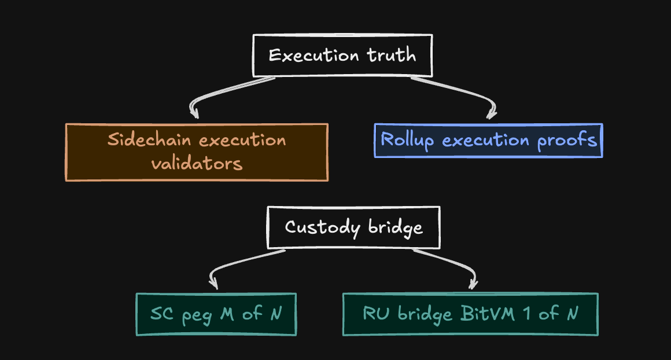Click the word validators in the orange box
tap(197, 163)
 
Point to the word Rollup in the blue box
tap(407, 140)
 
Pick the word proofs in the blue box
tap(567, 140)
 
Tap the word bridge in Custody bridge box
tap(396, 227)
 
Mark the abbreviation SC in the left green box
tap(163, 314)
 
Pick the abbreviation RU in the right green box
tap(375, 314)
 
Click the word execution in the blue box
tap(483, 140)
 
